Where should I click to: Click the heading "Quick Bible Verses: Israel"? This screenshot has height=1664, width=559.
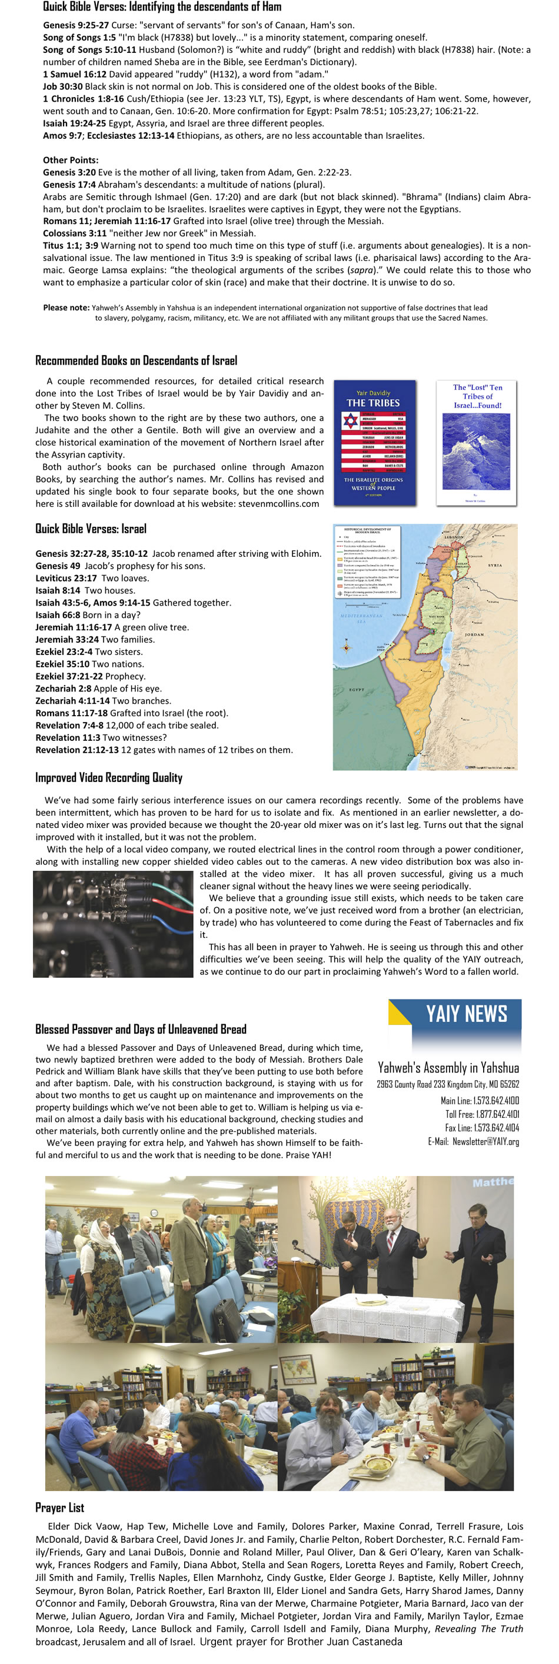click(91, 529)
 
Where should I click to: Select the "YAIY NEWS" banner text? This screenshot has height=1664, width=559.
click(466, 1014)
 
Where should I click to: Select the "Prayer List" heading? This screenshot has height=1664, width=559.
click(59, 1507)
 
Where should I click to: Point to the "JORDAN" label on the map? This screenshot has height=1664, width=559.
click(474, 634)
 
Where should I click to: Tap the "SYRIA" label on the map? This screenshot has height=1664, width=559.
click(494, 565)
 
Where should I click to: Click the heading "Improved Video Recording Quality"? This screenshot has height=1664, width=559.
click(109, 778)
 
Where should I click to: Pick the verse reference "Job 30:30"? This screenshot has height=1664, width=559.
click(63, 86)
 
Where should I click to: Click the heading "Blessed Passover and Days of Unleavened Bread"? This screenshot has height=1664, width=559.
click(141, 1029)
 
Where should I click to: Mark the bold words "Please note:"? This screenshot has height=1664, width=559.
click(66, 308)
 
